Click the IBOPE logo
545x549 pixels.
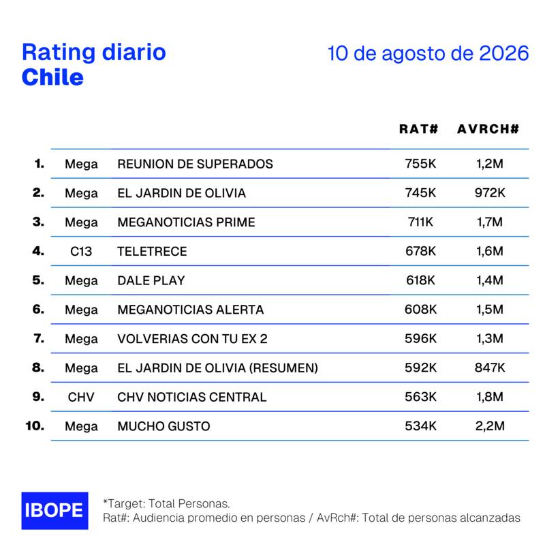coord(54,511)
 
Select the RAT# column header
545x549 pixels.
coord(419,129)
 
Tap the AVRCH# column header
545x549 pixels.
coord(488,129)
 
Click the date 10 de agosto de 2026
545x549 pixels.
coord(428,53)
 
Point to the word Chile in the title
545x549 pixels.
coord(52,77)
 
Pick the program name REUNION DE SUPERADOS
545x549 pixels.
coord(196,164)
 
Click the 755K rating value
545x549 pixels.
coord(420,164)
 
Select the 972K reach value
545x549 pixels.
coord(490,192)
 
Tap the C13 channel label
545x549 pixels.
coord(81,252)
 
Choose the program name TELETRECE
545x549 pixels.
coord(152,252)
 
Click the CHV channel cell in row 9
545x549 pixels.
coord(81,397)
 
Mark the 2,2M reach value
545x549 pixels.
coord(490,426)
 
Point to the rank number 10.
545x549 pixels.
coord(35,426)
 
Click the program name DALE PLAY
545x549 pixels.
coord(151,280)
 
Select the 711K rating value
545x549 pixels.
coord(420,222)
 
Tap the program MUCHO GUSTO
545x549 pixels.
coord(163,426)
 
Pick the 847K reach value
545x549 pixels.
coord(490,368)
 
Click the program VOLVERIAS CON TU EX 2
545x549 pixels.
coord(192,339)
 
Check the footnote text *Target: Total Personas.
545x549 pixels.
coord(166,503)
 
